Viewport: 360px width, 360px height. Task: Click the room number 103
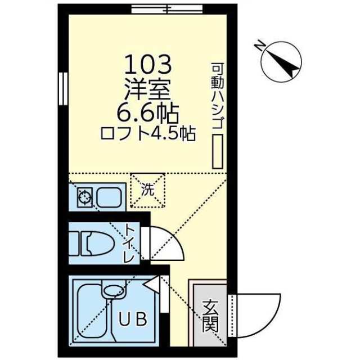[x=148, y=65]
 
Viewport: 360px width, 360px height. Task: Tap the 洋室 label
[x=147, y=89]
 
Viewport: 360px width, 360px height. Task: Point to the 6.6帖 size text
[x=148, y=114]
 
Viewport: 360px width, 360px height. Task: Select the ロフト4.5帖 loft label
[x=148, y=133]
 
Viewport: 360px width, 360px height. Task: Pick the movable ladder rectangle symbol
[x=217, y=151]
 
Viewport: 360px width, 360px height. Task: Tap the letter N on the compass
[x=259, y=45]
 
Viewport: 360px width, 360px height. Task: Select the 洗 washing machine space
[x=147, y=190]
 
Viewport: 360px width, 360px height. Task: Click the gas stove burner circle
[x=84, y=197]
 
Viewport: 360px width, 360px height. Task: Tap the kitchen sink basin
[x=109, y=197]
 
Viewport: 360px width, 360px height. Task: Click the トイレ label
[x=130, y=244]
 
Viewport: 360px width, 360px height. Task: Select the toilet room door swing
[x=167, y=244]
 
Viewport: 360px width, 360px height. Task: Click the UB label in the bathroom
[x=133, y=319]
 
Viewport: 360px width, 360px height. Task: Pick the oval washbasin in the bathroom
[x=114, y=290]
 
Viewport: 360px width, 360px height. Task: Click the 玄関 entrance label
[x=210, y=316]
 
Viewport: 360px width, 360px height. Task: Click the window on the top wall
[x=167, y=9]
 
